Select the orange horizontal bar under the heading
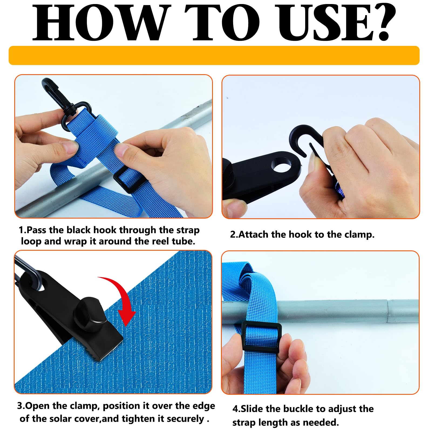tap(214, 55)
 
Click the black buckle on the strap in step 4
tap(262, 336)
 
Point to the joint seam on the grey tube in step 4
tap(388, 311)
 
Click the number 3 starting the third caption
tap(20, 406)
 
